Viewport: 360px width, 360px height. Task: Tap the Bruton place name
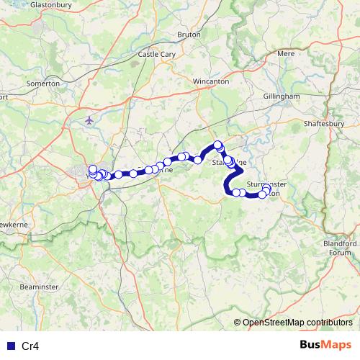tap(188, 34)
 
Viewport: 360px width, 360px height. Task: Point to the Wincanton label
tap(211, 81)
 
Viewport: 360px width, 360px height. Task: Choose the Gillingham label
tap(282, 96)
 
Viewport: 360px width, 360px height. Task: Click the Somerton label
tap(43, 84)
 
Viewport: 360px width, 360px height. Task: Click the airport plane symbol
tap(89, 120)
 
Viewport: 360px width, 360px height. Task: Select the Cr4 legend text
tap(30, 346)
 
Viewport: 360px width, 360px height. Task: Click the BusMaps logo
tap(325, 345)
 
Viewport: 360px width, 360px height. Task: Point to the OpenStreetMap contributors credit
tap(297, 323)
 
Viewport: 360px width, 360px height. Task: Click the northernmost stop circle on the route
tap(217, 144)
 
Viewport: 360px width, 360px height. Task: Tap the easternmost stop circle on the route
tap(267, 189)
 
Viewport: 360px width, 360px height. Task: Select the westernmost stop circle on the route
tap(92, 169)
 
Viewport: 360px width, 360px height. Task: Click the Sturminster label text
tap(266, 184)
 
